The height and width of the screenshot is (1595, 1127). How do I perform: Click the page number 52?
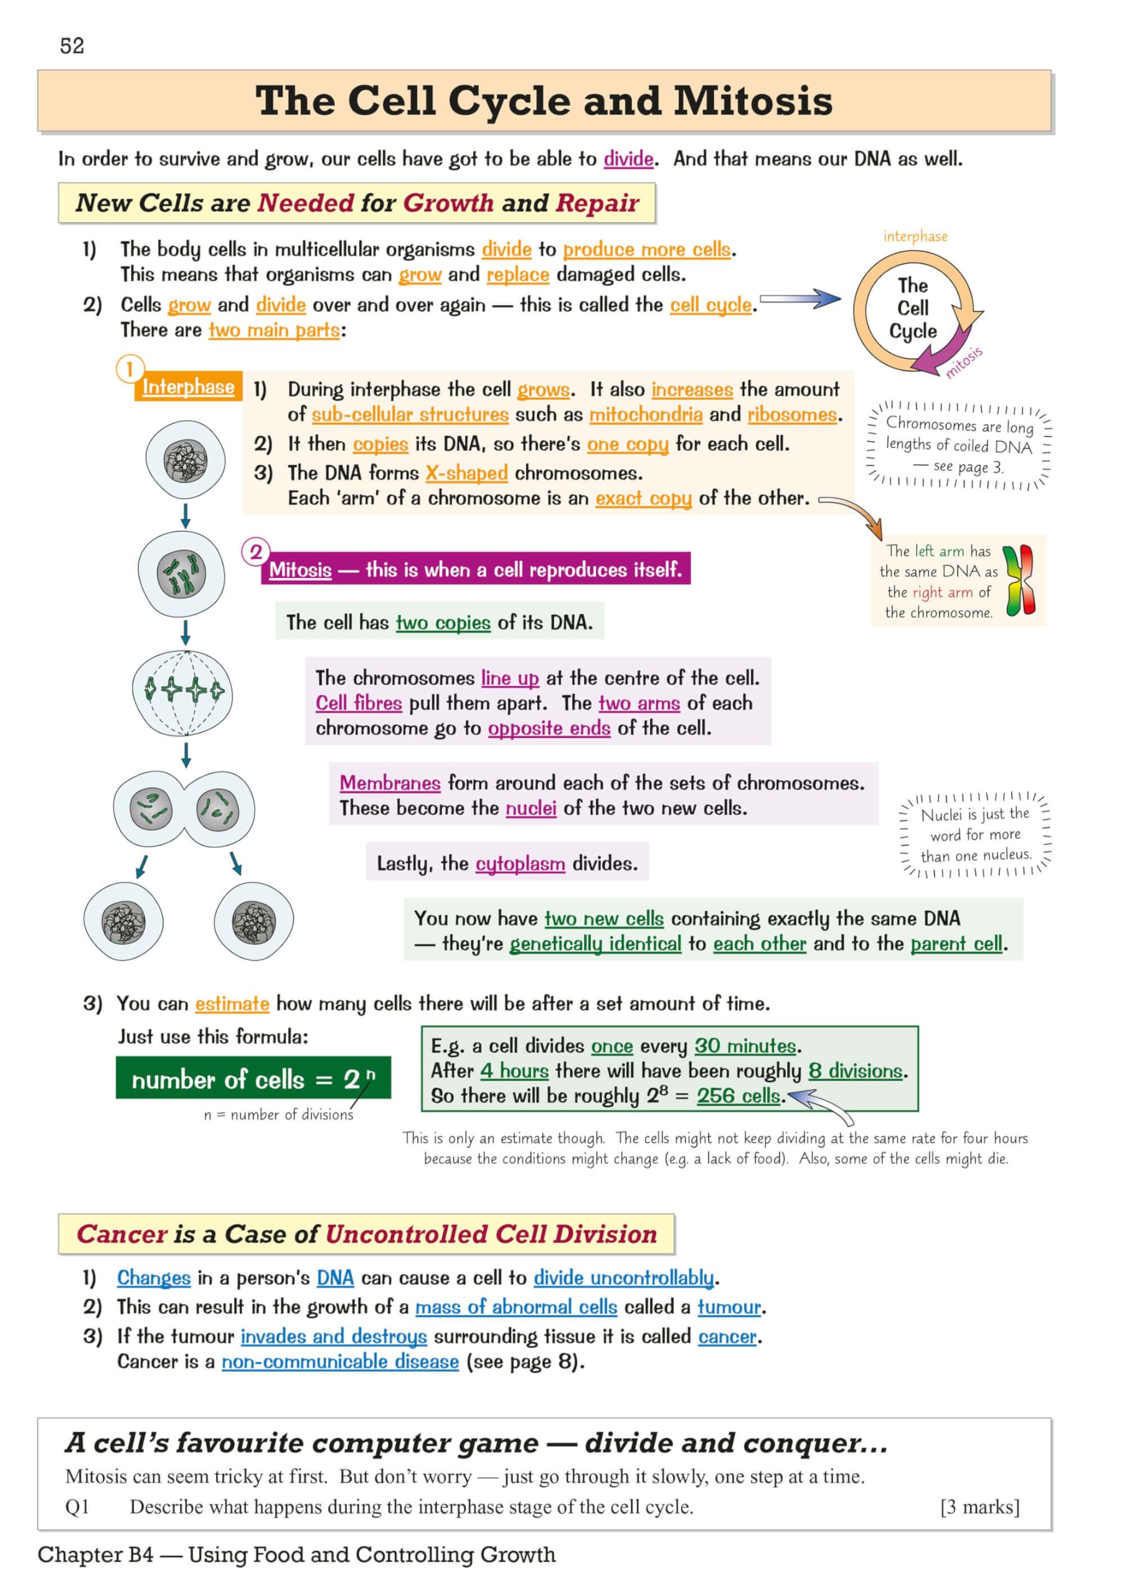(x=72, y=46)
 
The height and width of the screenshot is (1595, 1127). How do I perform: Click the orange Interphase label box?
(x=188, y=387)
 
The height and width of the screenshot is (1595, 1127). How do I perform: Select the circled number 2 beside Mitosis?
(x=255, y=552)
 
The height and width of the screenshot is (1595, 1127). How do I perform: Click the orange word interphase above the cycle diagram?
(x=915, y=236)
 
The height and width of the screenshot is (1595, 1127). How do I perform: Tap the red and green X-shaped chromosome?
(x=1019, y=581)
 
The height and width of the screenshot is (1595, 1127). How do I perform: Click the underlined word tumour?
(x=729, y=1307)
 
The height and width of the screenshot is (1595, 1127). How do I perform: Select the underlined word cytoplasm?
(x=520, y=864)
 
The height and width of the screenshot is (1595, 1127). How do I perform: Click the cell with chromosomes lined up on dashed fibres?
(x=182, y=692)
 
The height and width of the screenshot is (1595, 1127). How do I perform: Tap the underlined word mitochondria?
(x=646, y=415)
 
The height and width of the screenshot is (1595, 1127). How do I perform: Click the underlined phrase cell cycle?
(x=710, y=305)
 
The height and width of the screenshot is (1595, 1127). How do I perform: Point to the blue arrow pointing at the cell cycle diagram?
(x=800, y=300)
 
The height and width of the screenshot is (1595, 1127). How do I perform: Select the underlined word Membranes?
(x=390, y=783)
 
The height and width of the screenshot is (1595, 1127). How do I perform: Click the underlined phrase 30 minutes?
(x=745, y=1045)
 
